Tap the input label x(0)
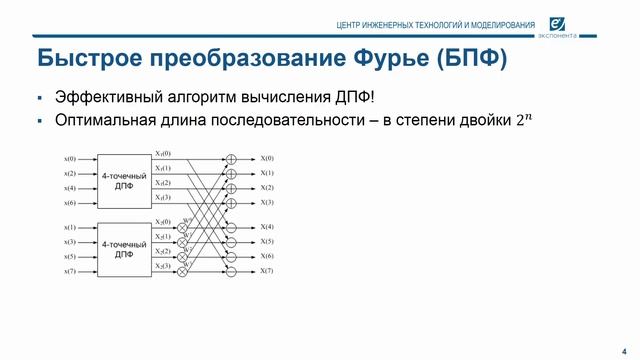[70, 159]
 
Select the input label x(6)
[70, 203]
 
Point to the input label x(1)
[70, 227]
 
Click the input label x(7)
[70, 271]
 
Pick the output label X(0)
[267, 158]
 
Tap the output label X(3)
[267, 202]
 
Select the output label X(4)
[267, 227]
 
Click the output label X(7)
[267, 271]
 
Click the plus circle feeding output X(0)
[231, 158]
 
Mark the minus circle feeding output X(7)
[231, 271]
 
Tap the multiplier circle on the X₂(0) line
[182, 227]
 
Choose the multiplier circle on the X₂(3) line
[182, 270]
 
